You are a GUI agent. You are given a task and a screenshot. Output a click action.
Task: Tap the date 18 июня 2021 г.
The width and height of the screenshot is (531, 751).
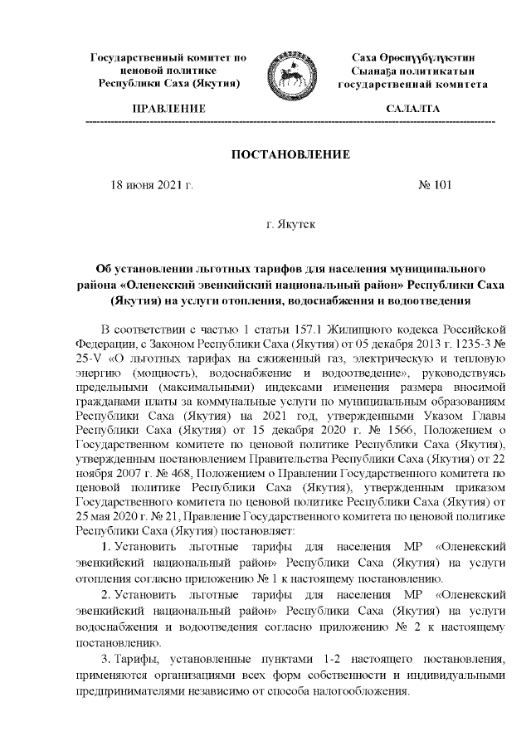click(153, 185)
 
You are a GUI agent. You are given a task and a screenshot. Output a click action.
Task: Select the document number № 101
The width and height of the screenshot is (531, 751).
click(434, 185)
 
